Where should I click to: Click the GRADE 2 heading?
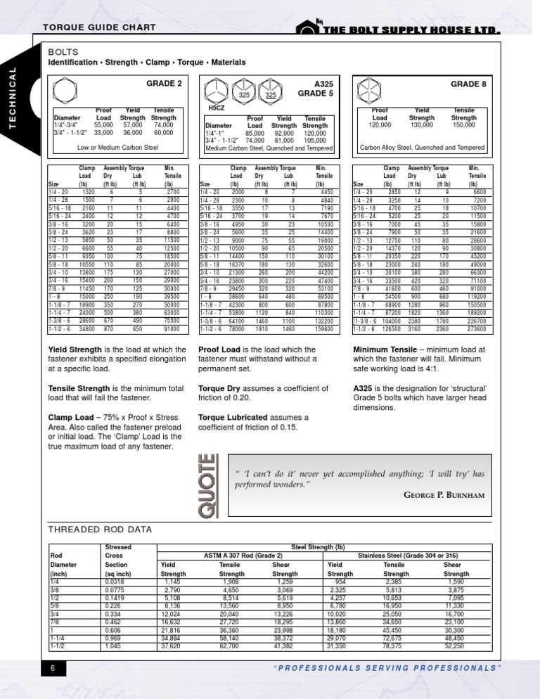click(x=163, y=83)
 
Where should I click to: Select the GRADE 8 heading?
click(x=469, y=83)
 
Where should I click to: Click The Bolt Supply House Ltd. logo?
click(x=398, y=27)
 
